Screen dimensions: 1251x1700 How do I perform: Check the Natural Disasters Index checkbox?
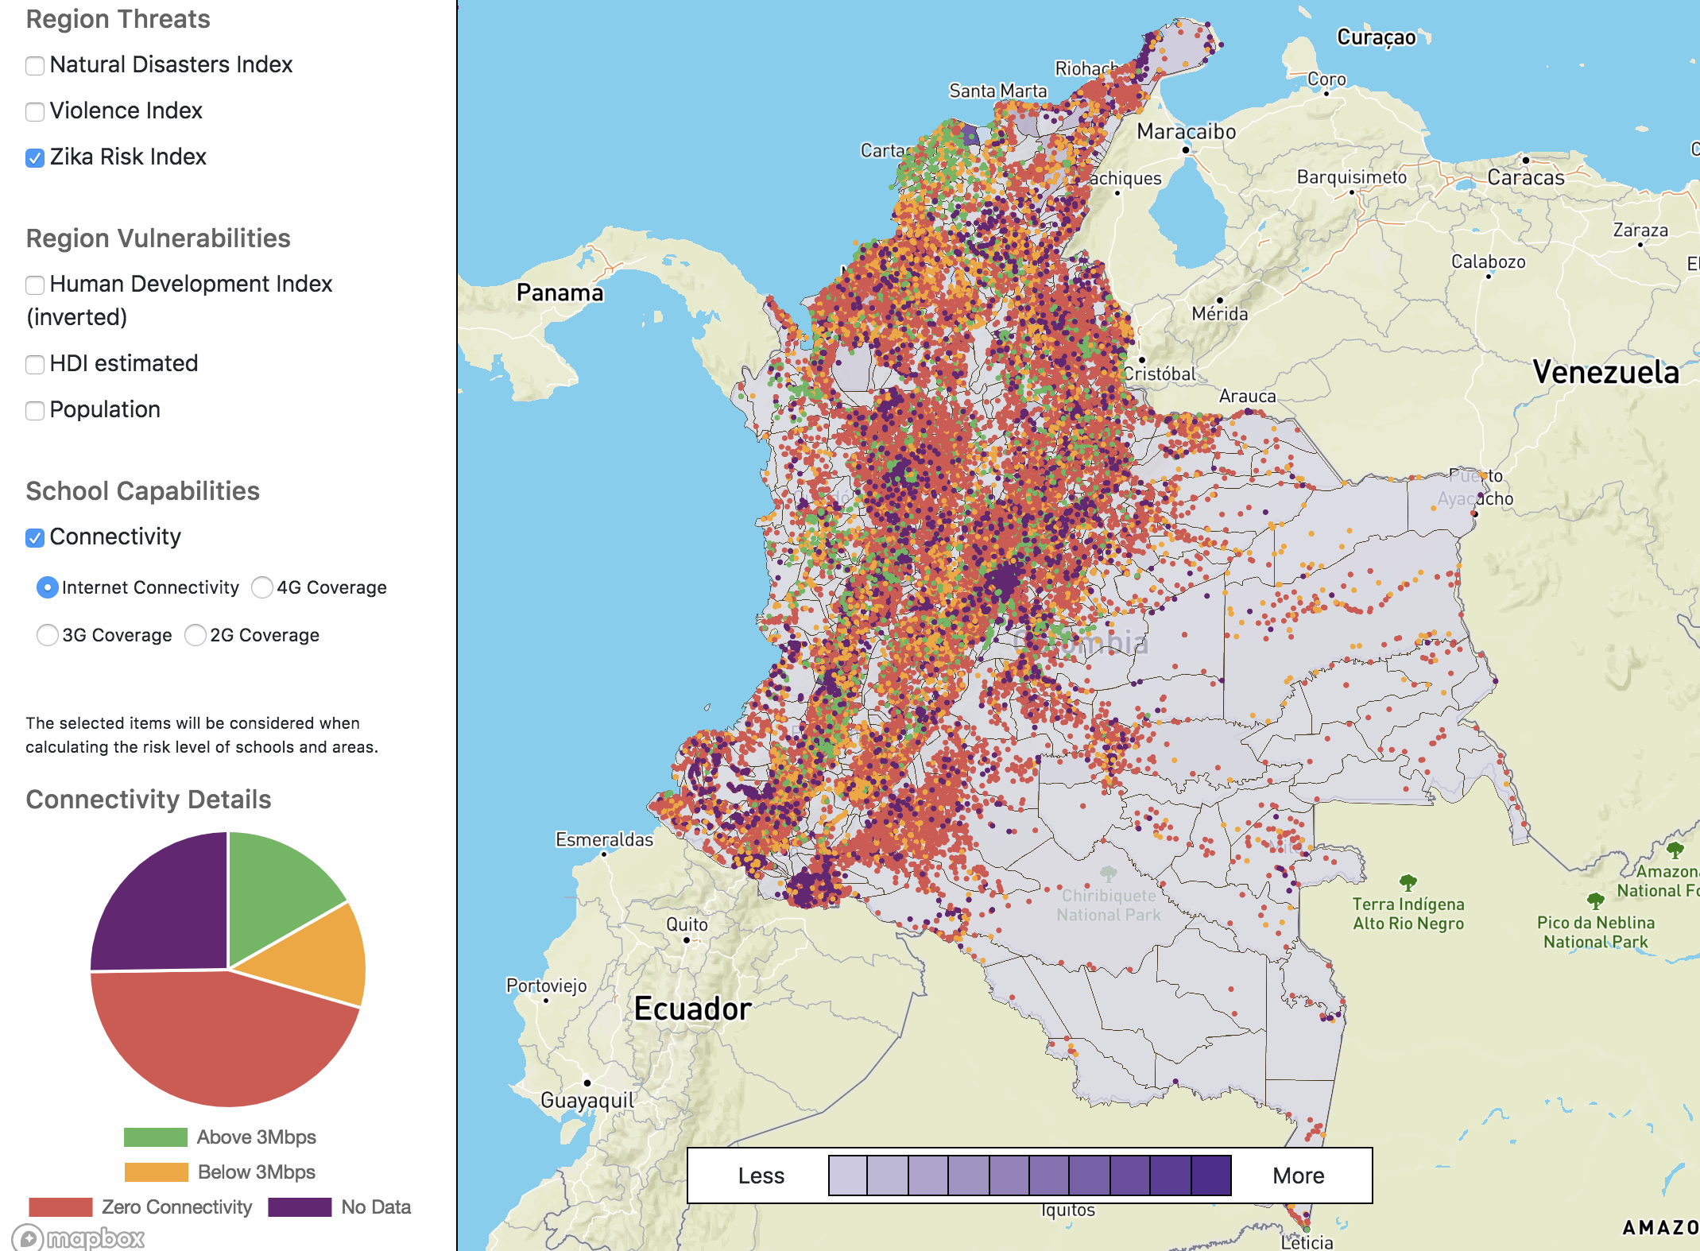click(35, 65)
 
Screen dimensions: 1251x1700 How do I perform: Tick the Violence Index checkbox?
click(35, 111)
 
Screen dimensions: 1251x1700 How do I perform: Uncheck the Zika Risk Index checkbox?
click(35, 157)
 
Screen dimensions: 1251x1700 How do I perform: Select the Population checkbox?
click(35, 410)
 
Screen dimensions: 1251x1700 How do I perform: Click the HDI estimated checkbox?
click(35, 364)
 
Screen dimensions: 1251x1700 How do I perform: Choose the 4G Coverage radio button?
click(262, 587)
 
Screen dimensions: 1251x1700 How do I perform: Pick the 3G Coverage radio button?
click(48, 635)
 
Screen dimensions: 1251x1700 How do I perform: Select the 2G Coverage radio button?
click(196, 635)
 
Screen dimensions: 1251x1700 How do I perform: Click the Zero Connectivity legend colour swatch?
click(60, 1206)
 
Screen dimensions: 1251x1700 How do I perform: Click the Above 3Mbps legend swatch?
click(156, 1137)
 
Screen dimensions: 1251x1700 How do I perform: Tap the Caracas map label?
click(1525, 177)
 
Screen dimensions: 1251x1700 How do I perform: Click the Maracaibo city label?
click(1186, 131)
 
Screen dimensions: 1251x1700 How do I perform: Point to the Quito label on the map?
click(687, 924)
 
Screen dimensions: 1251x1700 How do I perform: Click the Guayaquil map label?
click(587, 1100)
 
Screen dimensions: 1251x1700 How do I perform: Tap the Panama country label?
click(560, 292)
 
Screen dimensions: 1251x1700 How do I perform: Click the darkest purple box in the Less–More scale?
click(1211, 1175)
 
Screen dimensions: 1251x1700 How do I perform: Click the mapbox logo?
click(79, 1237)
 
